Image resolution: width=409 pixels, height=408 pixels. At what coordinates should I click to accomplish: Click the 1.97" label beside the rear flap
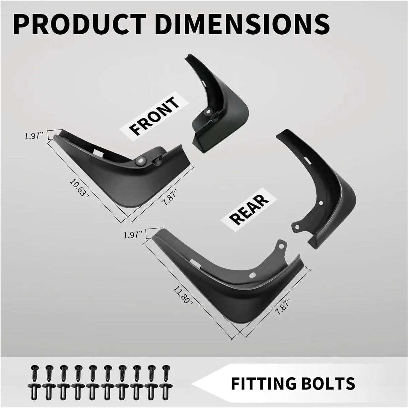coord(133,235)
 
